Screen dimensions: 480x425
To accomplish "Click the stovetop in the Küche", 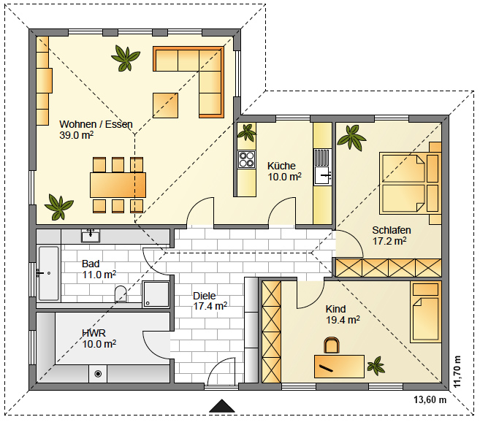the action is coord(246,159).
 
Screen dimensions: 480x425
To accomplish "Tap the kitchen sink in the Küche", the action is coord(323,167).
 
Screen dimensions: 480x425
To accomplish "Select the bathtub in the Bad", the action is coord(48,273).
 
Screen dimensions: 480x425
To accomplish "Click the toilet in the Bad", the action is coord(121,294).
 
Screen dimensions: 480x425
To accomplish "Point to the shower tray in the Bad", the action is coord(156,294).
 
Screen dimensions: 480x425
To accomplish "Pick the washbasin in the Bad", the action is coord(91,236).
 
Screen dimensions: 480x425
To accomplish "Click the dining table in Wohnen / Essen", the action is coord(118,185).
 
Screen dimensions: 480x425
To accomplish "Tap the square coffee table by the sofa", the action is coord(165,105).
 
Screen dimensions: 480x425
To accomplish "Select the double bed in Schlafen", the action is coord(409,183).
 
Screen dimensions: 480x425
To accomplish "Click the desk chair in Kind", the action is coord(331,345).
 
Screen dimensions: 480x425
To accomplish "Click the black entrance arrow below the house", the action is coord(221,406).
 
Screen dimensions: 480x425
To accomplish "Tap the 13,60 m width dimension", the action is coord(430,399).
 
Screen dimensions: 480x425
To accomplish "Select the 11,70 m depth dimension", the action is coord(457,372).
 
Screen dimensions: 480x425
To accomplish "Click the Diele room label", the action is coord(204,296).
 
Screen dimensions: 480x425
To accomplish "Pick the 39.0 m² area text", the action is coord(76,135).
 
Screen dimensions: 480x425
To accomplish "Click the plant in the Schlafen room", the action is coord(351,137).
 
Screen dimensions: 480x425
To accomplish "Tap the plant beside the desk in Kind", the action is coord(376,366).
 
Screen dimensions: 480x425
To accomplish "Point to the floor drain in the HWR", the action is coord(98,374).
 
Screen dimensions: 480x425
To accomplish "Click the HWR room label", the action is coord(94,333).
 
